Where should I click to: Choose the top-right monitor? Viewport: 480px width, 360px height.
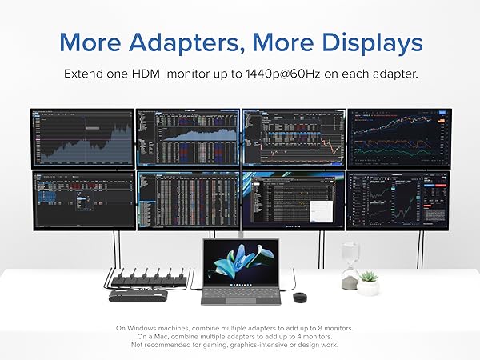click(x=398, y=138)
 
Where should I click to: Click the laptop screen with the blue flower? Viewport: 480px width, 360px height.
click(x=241, y=263)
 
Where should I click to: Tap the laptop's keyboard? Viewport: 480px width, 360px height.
click(x=240, y=295)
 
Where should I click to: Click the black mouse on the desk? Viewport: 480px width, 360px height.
click(x=299, y=297)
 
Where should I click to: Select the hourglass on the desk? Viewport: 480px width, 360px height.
click(x=349, y=266)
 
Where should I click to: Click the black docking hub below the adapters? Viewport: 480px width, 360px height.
click(x=138, y=296)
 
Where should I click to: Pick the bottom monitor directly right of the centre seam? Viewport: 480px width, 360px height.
click(x=293, y=199)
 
